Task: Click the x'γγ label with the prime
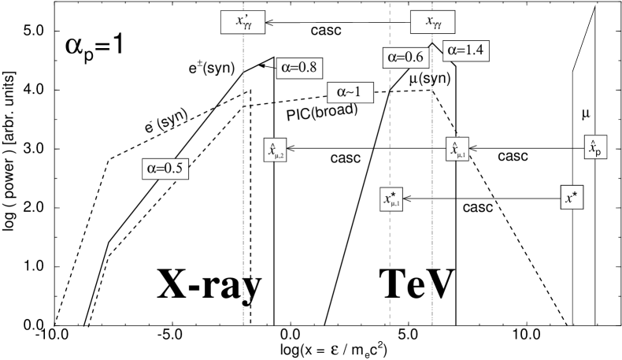point(243,23)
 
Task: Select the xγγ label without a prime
point(433,23)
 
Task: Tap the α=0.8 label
point(299,68)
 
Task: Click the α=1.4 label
point(465,50)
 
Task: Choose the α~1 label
point(349,92)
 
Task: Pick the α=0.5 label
point(165,168)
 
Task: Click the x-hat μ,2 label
point(274,150)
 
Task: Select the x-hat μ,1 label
point(457,150)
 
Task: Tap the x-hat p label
point(595,147)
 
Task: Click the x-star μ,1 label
point(391,199)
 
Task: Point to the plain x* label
point(572,198)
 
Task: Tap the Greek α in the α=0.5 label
point(151,168)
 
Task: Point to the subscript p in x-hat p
point(598,151)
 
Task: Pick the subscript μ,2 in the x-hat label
point(279,155)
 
